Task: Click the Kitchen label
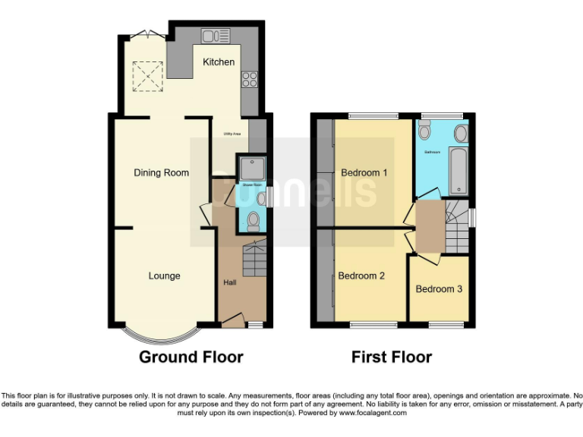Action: coord(218,61)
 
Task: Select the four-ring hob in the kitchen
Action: coord(248,78)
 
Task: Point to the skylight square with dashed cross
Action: coord(147,74)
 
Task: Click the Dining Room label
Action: coord(161,172)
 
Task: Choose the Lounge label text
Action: coord(164,275)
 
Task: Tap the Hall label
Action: coord(229,282)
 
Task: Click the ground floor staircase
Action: coord(254,260)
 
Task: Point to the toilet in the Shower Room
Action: coord(254,221)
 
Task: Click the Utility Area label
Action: coord(232,134)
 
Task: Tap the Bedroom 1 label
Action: coord(364,172)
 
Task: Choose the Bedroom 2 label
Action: coord(361,275)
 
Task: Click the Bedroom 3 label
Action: coord(438,289)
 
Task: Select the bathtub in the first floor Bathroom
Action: coord(459,171)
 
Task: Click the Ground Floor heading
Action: coord(191,357)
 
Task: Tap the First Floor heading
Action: coord(391,357)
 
